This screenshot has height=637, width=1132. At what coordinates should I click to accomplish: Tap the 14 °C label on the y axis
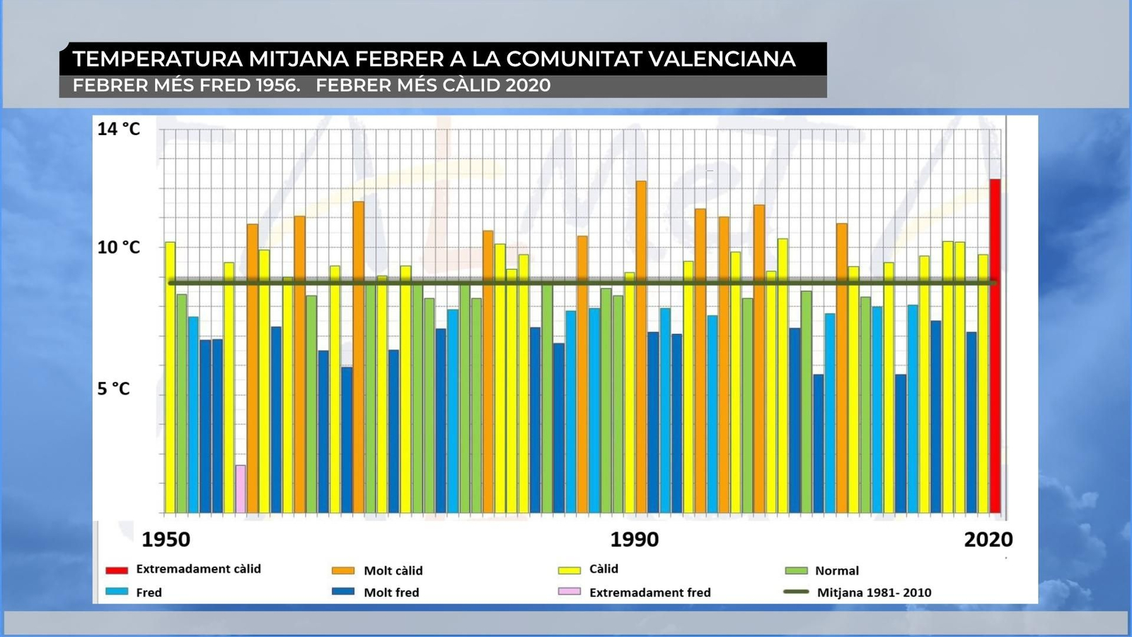(x=119, y=129)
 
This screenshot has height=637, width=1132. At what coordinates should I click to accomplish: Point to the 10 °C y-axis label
(x=119, y=248)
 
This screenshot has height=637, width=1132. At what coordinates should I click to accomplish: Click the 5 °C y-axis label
(x=114, y=389)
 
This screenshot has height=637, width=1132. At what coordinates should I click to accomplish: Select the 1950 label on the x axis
(x=166, y=539)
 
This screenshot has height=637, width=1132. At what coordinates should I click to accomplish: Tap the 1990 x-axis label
(x=635, y=539)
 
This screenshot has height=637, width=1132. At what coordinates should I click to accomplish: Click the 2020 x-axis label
(x=988, y=539)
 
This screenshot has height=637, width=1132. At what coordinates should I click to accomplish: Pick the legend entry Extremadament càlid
(x=198, y=569)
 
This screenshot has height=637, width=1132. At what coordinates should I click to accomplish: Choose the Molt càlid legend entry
(x=393, y=570)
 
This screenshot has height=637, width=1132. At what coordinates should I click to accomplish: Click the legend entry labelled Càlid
(x=603, y=569)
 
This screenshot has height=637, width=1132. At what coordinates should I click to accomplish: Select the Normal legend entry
(x=836, y=570)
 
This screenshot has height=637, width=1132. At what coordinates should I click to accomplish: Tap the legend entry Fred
(x=149, y=592)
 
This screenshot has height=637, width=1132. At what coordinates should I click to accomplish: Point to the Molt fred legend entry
(x=391, y=592)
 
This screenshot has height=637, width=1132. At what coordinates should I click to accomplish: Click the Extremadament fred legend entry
(x=649, y=592)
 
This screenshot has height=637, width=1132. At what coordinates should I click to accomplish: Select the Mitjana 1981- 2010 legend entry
(x=874, y=592)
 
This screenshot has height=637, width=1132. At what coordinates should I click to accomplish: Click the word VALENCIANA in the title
(x=722, y=59)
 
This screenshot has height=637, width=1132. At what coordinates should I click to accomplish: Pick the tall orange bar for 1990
(x=641, y=347)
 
